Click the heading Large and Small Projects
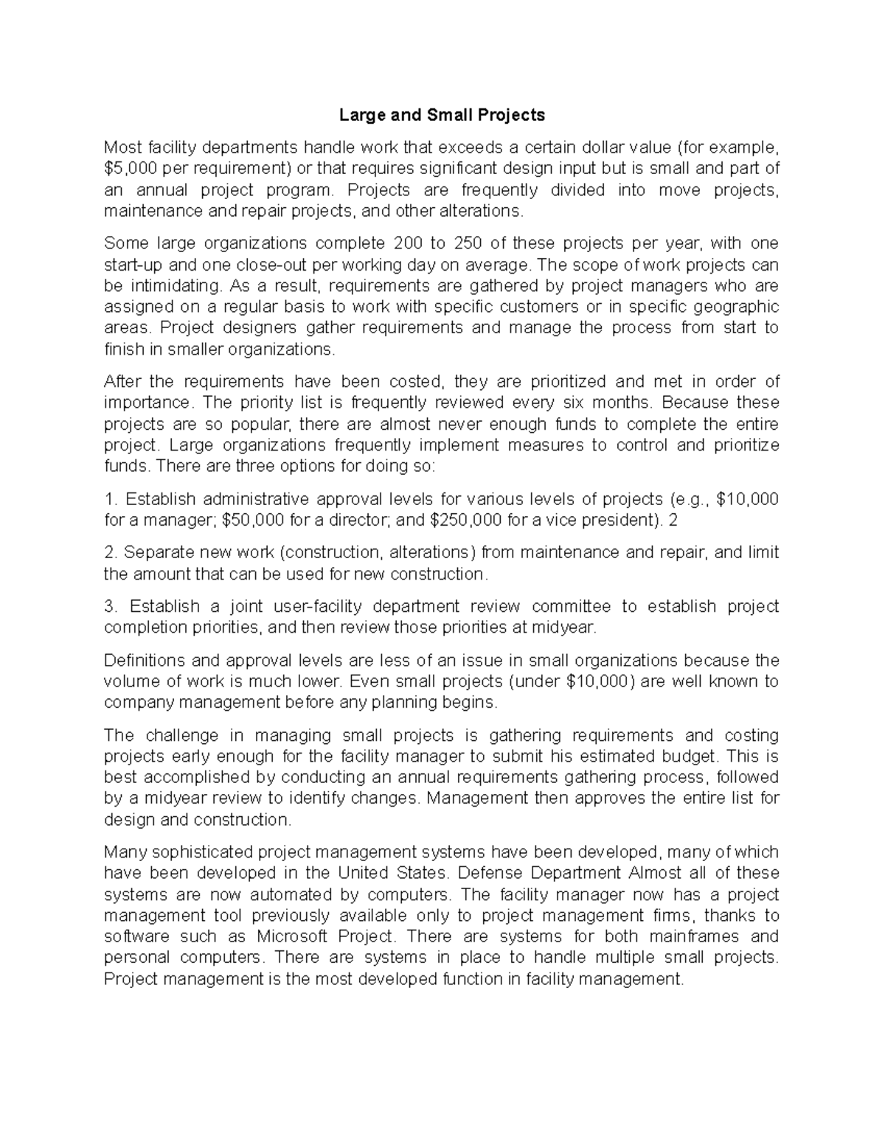[x=442, y=115]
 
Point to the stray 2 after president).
[x=672, y=520]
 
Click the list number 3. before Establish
[x=111, y=606]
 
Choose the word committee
[x=571, y=606]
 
